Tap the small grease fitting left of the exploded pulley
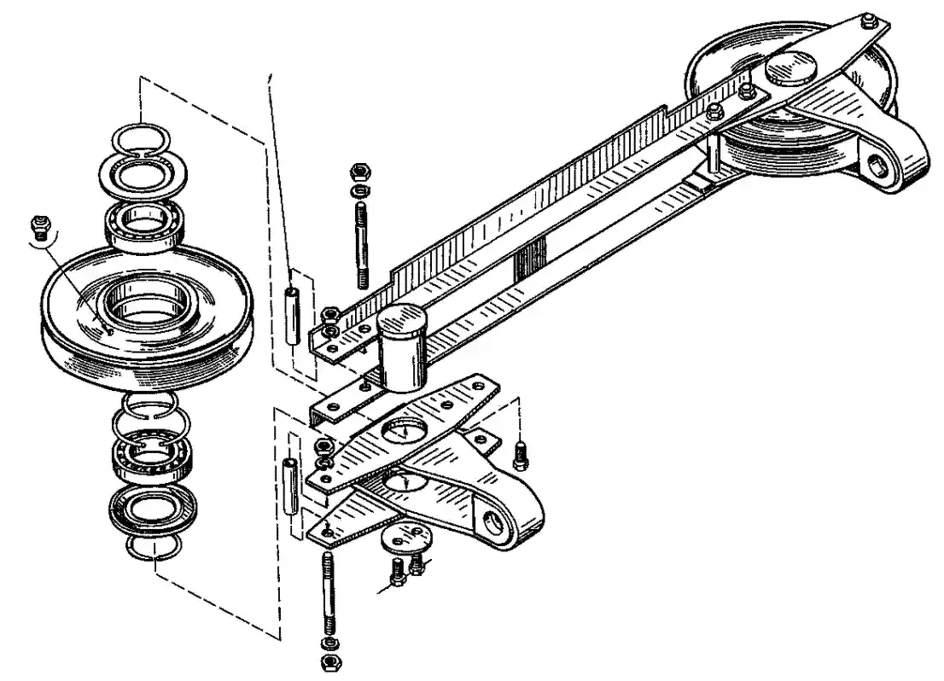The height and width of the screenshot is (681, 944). click(37, 226)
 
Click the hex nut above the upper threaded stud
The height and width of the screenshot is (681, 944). click(359, 171)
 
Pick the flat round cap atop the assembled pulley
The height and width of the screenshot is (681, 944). click(790, 67)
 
